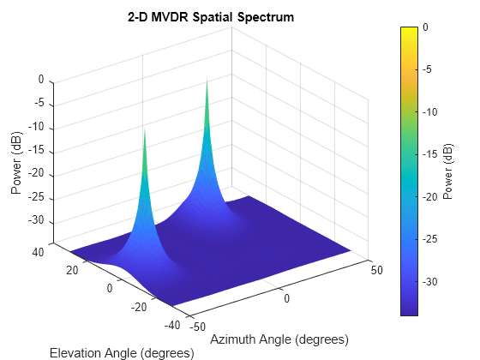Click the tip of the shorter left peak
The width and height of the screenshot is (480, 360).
(x=144, y=129)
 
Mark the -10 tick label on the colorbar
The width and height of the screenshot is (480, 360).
(x=432, y=112)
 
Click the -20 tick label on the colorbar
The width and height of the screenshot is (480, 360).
(x=432, y=196)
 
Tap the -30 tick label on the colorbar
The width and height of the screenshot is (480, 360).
(x=432, y=281)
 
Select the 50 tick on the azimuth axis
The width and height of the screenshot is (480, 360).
(x=375, y=270)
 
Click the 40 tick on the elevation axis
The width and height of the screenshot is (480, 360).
(x=37, y=252)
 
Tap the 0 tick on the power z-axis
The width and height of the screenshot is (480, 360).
(x=40, y=81)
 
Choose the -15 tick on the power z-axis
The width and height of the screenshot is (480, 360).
(x=34, y=152)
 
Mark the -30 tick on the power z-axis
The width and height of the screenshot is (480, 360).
(x=34, y=222)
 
